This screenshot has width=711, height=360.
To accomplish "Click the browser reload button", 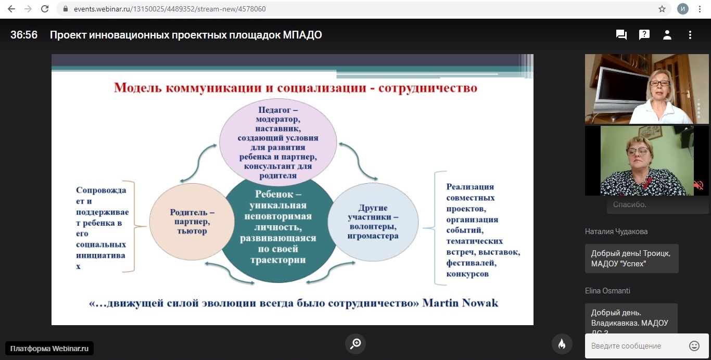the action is pos(45,9).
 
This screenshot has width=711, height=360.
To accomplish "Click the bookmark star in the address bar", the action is pos(662,9).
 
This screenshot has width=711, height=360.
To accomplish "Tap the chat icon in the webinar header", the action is pos(621,34).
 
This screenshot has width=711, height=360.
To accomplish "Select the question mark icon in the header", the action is pos(644,34).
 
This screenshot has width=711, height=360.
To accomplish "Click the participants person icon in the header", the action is pos(667,34).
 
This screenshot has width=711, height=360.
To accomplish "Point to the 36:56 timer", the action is pos(24,34).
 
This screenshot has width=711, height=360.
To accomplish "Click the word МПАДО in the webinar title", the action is pos(302,34).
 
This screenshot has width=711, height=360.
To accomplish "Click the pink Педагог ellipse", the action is pos(278,143).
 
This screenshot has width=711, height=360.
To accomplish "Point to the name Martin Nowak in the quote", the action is pos(460,303).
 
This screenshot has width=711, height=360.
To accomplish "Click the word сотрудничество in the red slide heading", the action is pos(427,88).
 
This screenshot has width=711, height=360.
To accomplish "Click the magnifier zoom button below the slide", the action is pos(355,343).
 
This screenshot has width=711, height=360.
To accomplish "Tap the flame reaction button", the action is pos(562,344).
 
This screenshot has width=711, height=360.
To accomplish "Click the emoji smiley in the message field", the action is pos(694,346).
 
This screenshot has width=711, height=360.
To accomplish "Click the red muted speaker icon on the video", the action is pos(699,185).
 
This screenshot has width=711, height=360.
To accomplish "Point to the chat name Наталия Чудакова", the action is pos(616,232).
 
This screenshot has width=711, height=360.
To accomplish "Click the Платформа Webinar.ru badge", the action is pos(49,348).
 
